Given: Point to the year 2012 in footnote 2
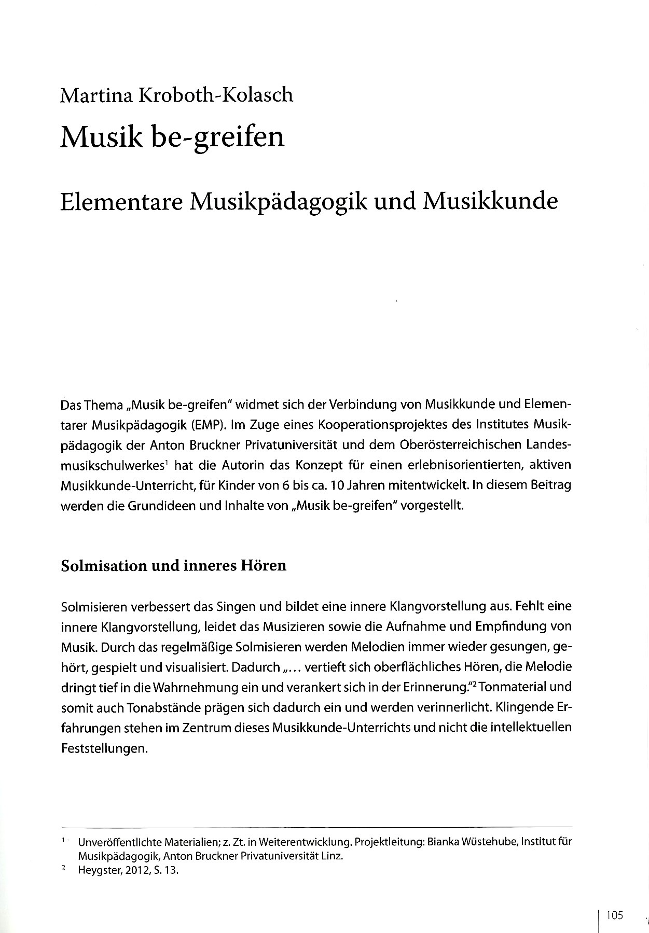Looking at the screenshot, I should click(x=134, y=871).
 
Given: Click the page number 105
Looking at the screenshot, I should click(x=613, y=901).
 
